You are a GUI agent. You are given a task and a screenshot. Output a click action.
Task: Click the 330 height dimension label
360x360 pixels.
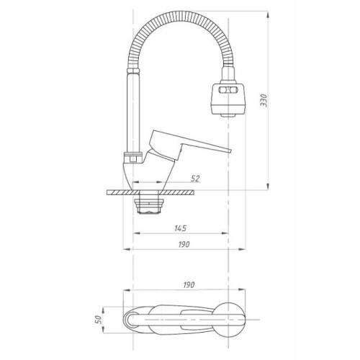pos(264,100)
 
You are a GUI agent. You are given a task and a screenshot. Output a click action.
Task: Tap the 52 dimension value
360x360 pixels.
pos(195,179)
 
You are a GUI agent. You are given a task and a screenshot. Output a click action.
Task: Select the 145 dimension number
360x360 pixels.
pos(180,228)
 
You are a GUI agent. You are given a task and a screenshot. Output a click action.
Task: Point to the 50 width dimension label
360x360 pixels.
pos(99,320)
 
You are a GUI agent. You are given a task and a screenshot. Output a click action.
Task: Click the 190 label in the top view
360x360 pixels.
pos(189,285)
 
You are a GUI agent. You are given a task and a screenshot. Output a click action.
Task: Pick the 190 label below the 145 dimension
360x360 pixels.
pos(184,244)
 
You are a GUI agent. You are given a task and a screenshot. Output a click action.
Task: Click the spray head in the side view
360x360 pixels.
pos(228,99)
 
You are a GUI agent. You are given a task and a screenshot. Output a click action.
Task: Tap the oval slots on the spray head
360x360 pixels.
pos(228,90)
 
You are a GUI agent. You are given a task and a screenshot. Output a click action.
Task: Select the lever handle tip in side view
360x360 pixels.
pos(231,150)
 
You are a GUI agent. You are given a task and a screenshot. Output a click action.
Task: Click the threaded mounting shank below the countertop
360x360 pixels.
pos(149,204)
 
